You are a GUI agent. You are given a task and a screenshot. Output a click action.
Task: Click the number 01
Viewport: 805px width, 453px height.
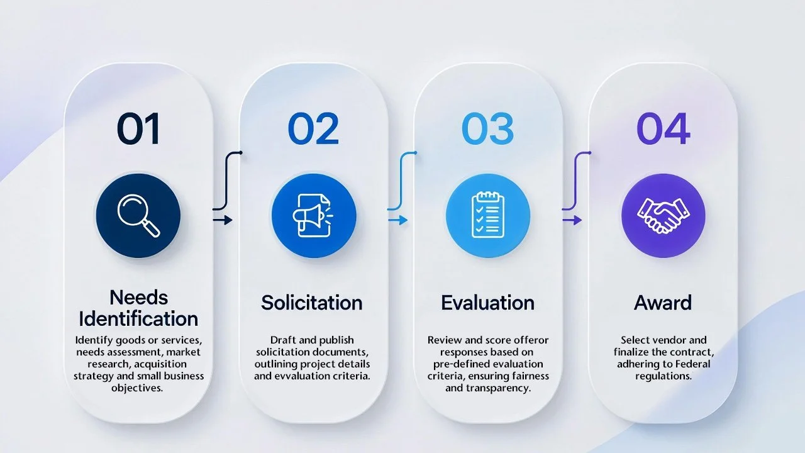click(138, 129)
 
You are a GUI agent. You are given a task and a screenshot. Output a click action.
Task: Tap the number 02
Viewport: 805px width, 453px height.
click(313, 129)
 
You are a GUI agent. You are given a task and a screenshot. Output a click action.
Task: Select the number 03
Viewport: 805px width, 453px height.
click(487, 129)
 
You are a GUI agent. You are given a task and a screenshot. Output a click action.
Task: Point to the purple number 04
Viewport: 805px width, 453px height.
click(663, 129)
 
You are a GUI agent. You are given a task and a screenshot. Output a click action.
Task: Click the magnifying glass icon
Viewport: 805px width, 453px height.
click(138, 216)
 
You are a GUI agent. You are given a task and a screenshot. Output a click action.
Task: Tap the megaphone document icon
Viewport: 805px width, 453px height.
click(313, 216)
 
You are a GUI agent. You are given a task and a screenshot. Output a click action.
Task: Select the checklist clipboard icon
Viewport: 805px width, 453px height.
click(487, 216)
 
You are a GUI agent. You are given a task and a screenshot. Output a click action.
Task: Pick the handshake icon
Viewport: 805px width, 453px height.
click(663, 216)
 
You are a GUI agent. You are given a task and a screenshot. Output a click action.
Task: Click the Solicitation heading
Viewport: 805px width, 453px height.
click(312, 303)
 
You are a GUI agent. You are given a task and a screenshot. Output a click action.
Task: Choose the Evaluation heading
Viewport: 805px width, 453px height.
click(487, 303)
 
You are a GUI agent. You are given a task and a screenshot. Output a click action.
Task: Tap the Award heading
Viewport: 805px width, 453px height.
click(663, 303)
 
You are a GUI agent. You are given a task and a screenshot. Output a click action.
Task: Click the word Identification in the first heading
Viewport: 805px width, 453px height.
click(138, 318)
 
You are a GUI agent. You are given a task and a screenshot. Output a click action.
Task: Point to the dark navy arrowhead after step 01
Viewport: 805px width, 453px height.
click(228, 220)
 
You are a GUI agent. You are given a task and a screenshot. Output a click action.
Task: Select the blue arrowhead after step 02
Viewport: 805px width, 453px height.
click(402, 220)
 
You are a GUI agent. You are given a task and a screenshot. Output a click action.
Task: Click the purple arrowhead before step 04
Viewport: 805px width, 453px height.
click(577, 220)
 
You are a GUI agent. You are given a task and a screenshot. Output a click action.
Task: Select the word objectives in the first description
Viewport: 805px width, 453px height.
click(138, 388)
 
